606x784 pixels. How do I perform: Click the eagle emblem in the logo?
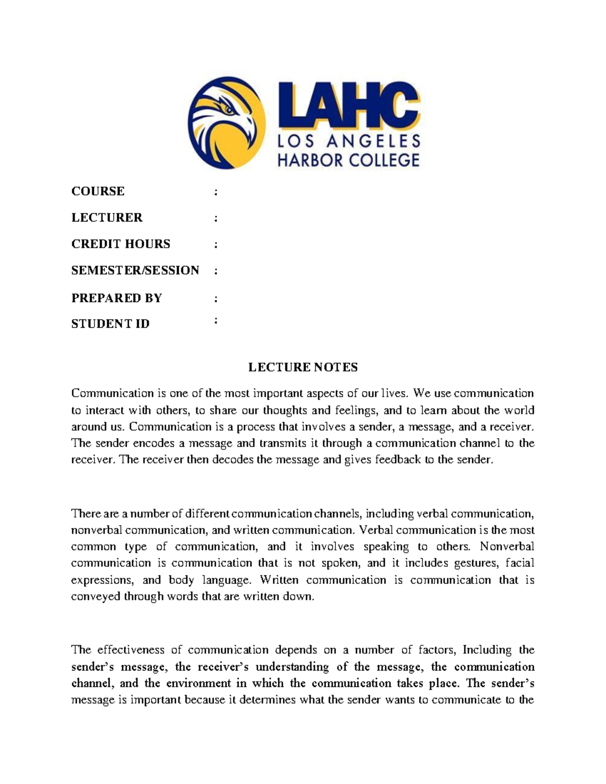coord(227,123)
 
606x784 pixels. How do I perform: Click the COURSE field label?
coord(97,191)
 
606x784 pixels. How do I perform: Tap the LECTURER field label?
coord(107,218)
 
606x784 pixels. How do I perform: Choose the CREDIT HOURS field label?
coord(121,244)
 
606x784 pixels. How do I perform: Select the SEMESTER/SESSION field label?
coord(135,270)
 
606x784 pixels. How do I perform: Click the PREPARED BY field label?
coord(116,298)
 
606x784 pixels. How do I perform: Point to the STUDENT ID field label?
coord(110,324)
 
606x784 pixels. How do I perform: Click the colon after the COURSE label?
coord(216,192)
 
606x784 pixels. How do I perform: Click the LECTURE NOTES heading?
coord(302,367)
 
